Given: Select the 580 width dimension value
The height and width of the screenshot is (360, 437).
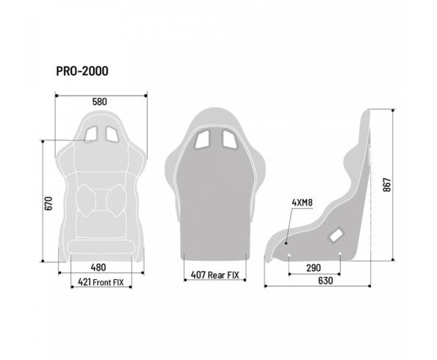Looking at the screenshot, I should (x=101, y=101).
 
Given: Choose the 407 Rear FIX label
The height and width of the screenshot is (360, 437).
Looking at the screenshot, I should (x=215, y=276).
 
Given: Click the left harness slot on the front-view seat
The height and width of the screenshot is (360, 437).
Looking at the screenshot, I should (x=92, y=134).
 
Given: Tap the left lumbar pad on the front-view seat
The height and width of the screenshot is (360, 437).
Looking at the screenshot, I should (x=88, y=198).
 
